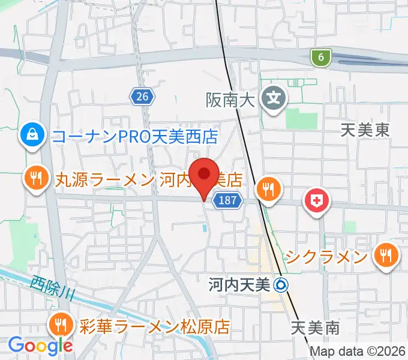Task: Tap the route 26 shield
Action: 142,95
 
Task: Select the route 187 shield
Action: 229,200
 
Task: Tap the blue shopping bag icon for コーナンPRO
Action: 30,136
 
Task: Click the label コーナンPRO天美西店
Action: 135,136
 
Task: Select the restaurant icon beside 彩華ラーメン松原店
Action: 61,326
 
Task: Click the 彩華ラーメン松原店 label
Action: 155,327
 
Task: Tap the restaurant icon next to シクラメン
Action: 385,257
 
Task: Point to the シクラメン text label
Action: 326,257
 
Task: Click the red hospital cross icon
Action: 317,201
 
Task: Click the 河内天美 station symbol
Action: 281,285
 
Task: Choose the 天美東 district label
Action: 365,130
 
